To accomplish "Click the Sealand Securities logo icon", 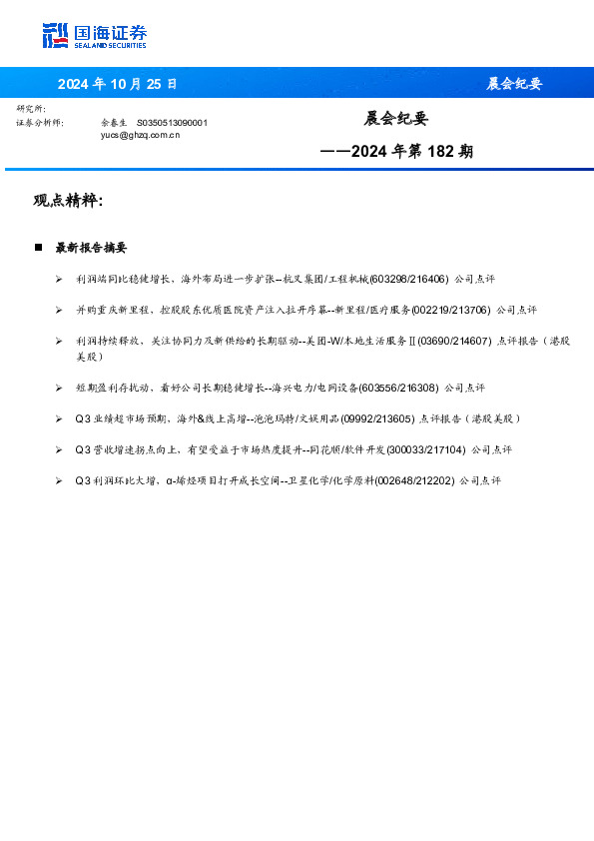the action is (x=56, y=35).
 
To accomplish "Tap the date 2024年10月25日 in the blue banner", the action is (x=117, y=84).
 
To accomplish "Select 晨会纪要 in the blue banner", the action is (x=514, y=84).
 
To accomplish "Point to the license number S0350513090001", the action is (x=172, y=122).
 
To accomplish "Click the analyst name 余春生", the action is (x=115, y=122).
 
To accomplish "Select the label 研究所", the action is (x=31, y=108).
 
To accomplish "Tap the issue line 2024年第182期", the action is (x=397, y=152).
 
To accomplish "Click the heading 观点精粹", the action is (x=68, y=201).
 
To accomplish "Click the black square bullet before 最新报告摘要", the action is (x=38, y=247).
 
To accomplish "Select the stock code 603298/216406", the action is (x=409, y=280).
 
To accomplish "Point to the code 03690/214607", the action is (x=453, y=342).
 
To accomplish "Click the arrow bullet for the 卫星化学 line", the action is (x=60, y=480).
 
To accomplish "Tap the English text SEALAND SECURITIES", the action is (x=111, y=46).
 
